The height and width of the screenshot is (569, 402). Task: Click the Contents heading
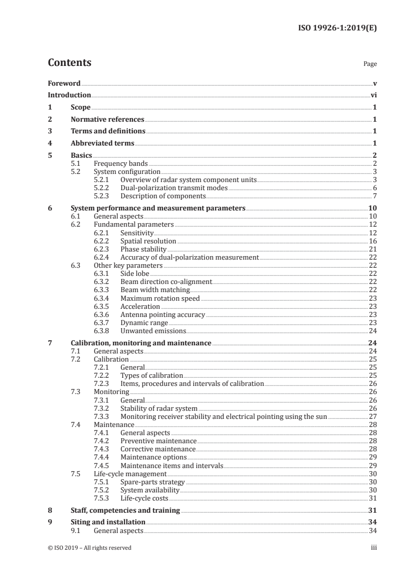[69, 63]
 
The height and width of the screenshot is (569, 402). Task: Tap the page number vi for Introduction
[374, 95]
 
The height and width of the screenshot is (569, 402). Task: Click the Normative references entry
[107, 120]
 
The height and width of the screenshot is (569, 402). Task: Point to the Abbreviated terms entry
[102, 144]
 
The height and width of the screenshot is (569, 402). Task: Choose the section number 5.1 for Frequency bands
[78, 164]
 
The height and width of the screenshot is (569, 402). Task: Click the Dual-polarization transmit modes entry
[174, 188]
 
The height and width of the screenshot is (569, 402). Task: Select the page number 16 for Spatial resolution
[373, 241]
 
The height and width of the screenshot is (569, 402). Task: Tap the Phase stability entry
[143, 250]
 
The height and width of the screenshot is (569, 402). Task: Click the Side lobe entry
[134, 274]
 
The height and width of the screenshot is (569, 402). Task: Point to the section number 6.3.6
[103, 314]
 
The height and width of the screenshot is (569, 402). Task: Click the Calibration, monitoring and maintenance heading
[141, 343]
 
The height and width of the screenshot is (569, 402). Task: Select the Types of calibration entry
[152, 375]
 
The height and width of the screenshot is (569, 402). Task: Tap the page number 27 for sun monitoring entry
[373, 416]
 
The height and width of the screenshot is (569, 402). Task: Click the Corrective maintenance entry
[158, 449]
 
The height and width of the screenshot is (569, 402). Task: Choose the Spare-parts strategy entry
[152, 481]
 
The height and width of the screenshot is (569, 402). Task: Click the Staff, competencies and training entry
[125, 510]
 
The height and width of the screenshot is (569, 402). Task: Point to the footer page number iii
[374, 548]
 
